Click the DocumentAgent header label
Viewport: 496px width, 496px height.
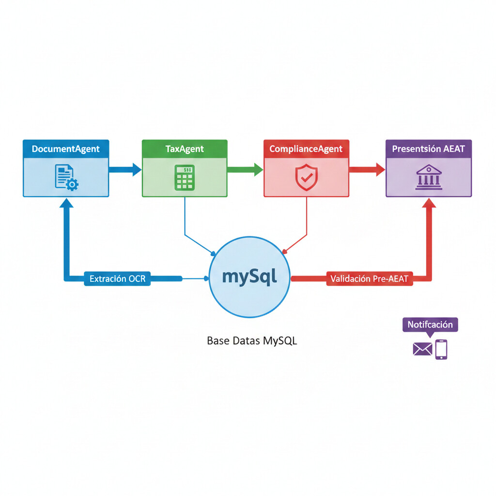pyautogui.click(x=66, y=149)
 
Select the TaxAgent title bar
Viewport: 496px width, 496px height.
pyautogui.click(x=185, y=149)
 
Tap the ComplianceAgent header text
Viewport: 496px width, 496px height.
pyautogui.click(x=306, y=149)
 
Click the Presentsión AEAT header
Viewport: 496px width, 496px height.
pyautogui.click(x=429, y=149)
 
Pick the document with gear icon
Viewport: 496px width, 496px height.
pyautogui.click(x=66, y=177)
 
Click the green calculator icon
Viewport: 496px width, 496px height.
pyautogui.click(x=185, y=177)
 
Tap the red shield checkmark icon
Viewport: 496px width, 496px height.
pyautogui.click(x=306, y=177)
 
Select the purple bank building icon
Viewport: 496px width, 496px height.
pyautogui.click(x=429, y=177)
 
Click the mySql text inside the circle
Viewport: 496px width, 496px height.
pyautogui.click(x=249, y=277)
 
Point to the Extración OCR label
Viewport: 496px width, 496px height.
pyautogui.click(x=117, y=279)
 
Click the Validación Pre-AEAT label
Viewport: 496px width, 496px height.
pyautogui.click(x=369, y=279)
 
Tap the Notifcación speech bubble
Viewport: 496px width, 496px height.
pyautogui.click(x=430, y=325)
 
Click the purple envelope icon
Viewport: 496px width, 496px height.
pyautogui.click(x=422, y=349)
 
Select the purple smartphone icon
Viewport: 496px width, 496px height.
pyautogui.click(x=441, y=349)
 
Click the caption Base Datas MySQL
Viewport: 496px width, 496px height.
pyautogui.click(x=252, y=341)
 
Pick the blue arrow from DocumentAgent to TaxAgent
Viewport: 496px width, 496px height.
pyautogui.click(x=125, y=169)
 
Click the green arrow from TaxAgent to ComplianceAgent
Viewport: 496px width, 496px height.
pyautogui.click(x=245, y=169)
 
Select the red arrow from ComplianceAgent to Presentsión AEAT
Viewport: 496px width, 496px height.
pyautogui.click(x=367, y=169)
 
